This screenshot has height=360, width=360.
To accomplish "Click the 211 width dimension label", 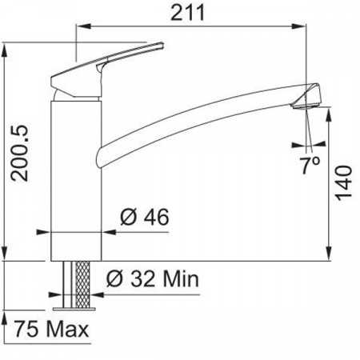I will pyautogui.click(x=190, y=12).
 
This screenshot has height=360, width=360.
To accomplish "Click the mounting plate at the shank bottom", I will pyautogui.click(x=78, y=306).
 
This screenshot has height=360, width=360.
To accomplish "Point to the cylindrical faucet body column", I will pyautogui.click(x=76, y=176).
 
